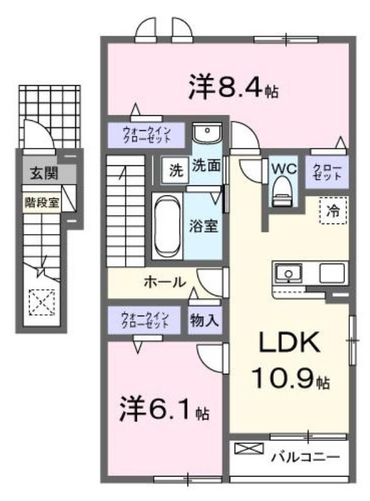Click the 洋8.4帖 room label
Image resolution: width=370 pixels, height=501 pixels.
click(233, 86)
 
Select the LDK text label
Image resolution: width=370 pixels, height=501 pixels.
click(288, 343)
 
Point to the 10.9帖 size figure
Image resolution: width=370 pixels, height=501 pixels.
click(290, 378)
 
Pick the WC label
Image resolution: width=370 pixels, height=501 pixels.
click(284, 168)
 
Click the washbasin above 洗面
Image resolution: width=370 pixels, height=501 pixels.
click(207, 133)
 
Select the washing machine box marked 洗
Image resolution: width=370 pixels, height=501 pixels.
click(175, 170)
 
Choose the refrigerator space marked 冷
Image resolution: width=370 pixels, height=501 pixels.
click(333, 210)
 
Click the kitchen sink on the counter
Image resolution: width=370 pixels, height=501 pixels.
click(289, 274)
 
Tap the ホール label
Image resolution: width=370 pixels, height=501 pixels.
click(164, 282)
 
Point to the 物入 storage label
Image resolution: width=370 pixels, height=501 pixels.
click(204, 320)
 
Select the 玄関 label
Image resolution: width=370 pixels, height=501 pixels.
click(44, 173)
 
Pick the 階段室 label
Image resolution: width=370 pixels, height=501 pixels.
click(42, 202)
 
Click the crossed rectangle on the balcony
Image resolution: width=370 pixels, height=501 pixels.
click(249, 448)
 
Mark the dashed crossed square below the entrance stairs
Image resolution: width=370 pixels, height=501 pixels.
click(42, 302)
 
